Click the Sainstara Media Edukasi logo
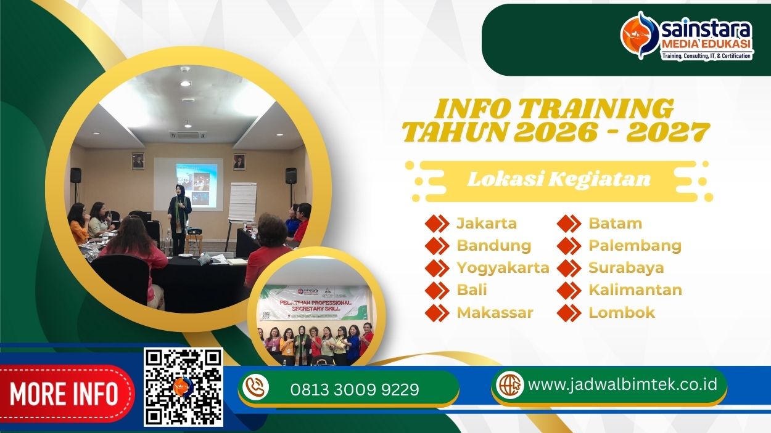click(x=686, y=39)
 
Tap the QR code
click(x=183, y=387)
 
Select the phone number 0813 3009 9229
click(x=354, y=389)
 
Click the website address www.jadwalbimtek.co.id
click(x=622, y=384)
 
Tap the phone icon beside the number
click(x=256, y=388)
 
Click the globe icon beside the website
click(x=509, y=385)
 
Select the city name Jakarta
click(x=486, y=223)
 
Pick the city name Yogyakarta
click(x=502, y=268)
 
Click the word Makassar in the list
click(x=495, y=312)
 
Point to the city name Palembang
click(x=634, y=246)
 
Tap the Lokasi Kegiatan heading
click(x=559, y=179)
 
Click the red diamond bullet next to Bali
click(x=437, y=290)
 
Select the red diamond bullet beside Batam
click(x=569, y=224)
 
